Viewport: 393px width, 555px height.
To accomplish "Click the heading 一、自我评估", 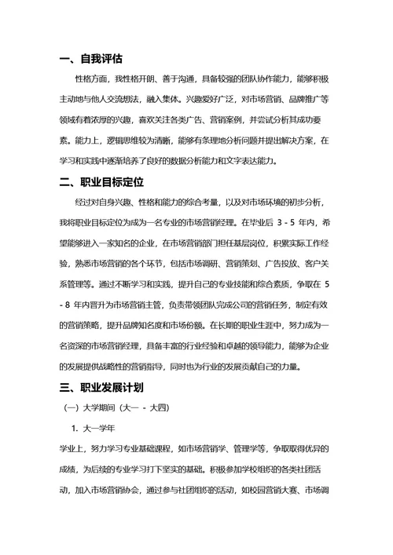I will (x=90, y=59).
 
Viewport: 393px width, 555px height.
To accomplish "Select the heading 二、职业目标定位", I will (x=101, y=182).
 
